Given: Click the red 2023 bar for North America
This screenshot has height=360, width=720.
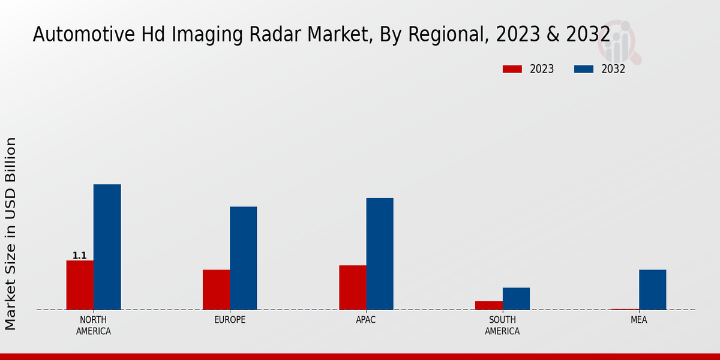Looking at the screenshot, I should pos(80,285).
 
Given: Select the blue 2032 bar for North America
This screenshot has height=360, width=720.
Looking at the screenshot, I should pos(107,247).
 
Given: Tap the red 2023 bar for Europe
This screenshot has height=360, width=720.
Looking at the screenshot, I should pos(216,290).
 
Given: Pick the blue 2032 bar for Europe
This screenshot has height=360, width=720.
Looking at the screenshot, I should pos(243,258).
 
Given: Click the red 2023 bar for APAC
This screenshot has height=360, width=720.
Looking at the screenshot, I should pos(352,287).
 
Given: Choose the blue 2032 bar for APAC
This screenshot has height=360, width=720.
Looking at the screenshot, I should pos(380,254).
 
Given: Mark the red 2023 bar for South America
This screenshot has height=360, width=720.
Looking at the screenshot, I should pos(488,305).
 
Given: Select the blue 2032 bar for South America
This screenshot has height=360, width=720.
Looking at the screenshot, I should pos(516,299).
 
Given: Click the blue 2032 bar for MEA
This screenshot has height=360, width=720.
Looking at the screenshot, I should pos(652,290).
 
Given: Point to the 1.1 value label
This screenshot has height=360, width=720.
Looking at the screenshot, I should pos(80,256).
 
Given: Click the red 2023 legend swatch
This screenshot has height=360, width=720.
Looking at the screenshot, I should pos(512,69).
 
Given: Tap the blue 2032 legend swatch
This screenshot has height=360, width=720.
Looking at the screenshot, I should pos(583,69).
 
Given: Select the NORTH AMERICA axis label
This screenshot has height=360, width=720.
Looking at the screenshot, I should pos(94,325).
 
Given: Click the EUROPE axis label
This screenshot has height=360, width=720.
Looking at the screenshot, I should pos(230,320).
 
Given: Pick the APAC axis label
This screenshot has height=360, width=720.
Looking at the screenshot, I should pos(366,320).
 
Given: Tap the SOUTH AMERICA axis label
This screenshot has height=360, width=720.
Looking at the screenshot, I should pos(502,325).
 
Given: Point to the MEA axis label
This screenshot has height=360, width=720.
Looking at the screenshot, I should pos(638,320).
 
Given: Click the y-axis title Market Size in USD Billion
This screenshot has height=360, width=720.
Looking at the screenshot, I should pos(11,234).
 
